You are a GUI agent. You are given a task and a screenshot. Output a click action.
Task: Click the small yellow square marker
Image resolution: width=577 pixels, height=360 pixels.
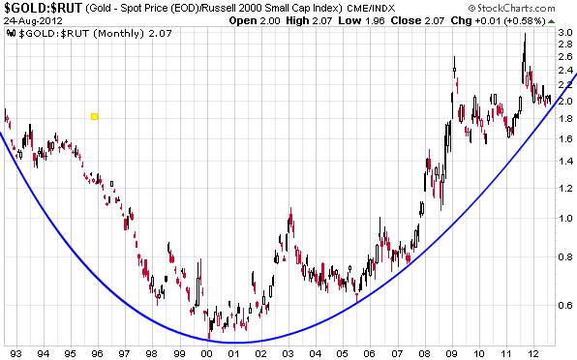click(94, 117)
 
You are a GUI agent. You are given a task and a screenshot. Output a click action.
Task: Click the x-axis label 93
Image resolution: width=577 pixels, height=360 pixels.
click(15, 352)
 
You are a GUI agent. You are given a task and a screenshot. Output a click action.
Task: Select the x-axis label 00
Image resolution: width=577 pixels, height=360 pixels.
click(207, 352)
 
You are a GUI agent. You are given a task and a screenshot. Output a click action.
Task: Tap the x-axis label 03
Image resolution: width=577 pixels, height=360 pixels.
click(288, 352)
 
